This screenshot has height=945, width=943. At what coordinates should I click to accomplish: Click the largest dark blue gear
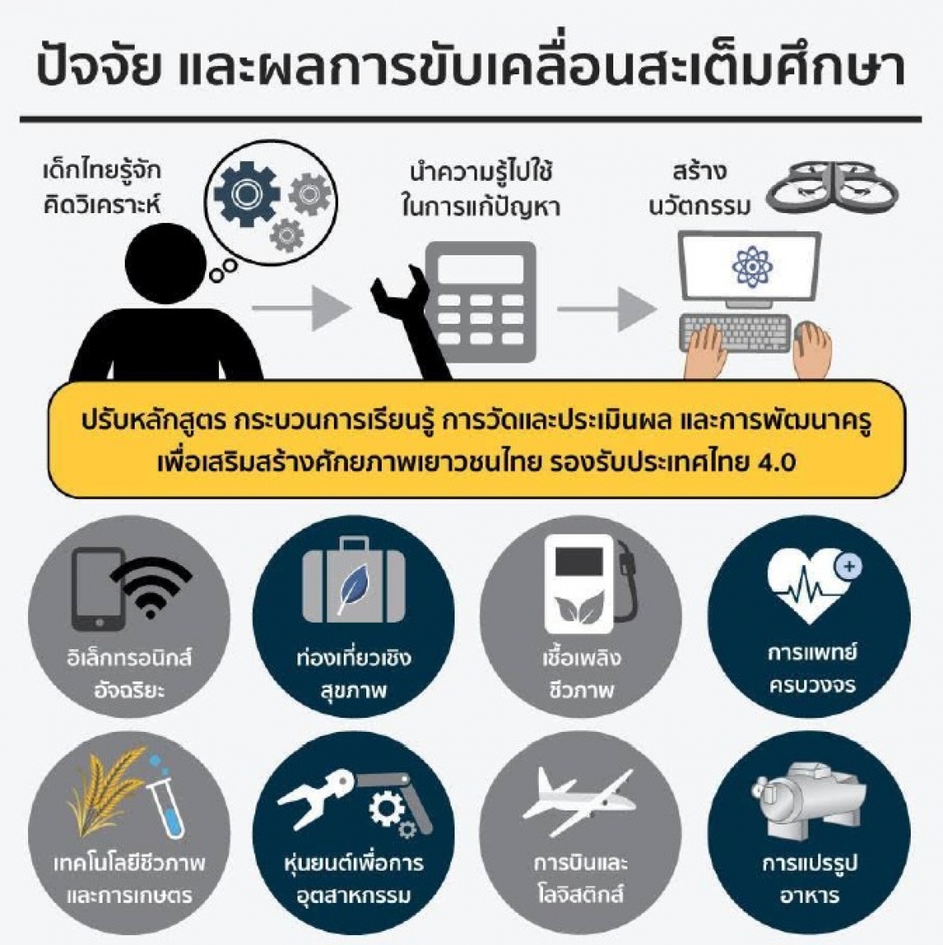pos(246,193)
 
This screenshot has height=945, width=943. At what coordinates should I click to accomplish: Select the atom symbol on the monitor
pos(751,266)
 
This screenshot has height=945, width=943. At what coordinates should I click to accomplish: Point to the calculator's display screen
pos(480,269)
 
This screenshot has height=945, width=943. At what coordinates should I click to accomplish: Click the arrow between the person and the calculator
pos(302,308)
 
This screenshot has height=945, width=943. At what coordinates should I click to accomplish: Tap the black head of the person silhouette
pos(166,264)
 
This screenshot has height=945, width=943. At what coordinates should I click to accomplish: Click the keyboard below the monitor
pos(735,333)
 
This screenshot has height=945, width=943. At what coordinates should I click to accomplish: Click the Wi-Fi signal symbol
pos(150,587)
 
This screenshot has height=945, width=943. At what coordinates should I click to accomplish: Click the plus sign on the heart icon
pos(849,567)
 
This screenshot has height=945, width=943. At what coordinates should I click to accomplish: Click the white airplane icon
pos(579,801)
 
